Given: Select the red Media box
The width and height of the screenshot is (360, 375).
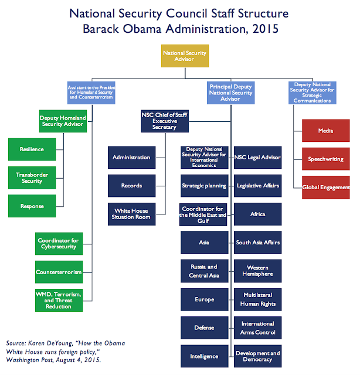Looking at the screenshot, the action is tap(325, 131).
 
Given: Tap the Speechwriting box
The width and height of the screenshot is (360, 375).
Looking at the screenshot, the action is tap(325, 159).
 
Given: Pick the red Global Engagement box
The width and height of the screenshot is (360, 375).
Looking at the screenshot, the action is tap(325, 187).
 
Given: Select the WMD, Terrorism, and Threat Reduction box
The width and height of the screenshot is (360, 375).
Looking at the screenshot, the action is tap(59, 299).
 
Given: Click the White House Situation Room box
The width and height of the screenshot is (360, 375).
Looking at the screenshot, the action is tap(132, 214).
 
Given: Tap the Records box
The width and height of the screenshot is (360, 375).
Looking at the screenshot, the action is tap(132, 186).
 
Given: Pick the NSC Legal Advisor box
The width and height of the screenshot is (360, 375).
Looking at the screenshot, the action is tap(257, 157).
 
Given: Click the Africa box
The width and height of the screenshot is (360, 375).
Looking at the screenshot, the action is tap(257, 214).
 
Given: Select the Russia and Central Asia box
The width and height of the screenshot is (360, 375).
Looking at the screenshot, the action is tap(205, 271).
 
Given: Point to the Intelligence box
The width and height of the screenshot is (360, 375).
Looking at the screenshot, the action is tap(205, 356).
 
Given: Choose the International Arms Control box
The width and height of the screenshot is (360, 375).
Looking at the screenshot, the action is tap(257, 328).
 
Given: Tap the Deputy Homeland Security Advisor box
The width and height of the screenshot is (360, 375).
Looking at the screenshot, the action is tap(62, 121).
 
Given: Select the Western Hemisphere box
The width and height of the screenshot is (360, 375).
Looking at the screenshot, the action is tap(257, 271).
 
